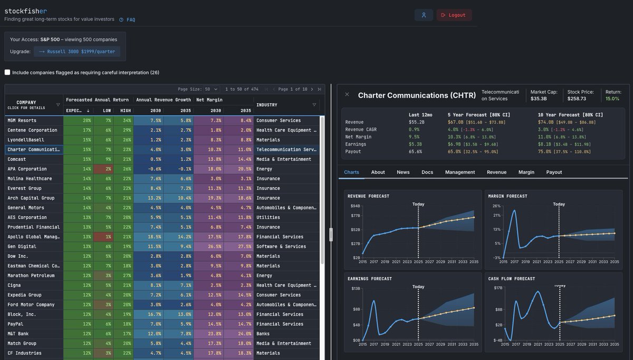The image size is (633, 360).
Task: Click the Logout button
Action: [454, 15]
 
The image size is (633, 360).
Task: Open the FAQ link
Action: [130, 20]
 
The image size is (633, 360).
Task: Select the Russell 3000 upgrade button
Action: [77, 52]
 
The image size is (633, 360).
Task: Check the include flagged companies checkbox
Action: [7, 72]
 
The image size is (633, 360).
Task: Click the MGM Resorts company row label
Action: [22, 120]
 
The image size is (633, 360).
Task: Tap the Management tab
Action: [459, 172]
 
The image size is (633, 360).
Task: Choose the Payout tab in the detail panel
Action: [554, 172]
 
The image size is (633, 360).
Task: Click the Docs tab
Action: [427, 172]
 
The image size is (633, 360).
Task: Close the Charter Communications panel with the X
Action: [347, 94]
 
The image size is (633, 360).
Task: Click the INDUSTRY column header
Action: [267, 105]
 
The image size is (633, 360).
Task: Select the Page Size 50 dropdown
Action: [211, 89]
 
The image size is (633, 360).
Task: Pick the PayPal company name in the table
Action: [15, 324]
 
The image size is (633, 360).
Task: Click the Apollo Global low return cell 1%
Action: [108, 237]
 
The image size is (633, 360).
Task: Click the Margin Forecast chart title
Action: [507, 196]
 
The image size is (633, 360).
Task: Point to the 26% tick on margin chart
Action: [496, 206]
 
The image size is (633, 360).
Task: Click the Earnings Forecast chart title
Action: [369, 279]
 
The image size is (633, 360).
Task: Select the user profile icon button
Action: [423, 15]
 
